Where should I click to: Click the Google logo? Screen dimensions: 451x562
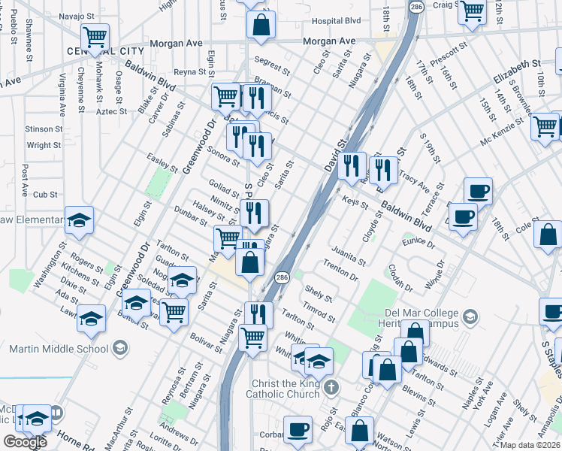point(25,442)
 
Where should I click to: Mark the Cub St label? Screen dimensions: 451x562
point(45,194)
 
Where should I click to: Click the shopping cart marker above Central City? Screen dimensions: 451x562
point(95,36)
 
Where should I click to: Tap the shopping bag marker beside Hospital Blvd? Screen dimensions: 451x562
point(261,24)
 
